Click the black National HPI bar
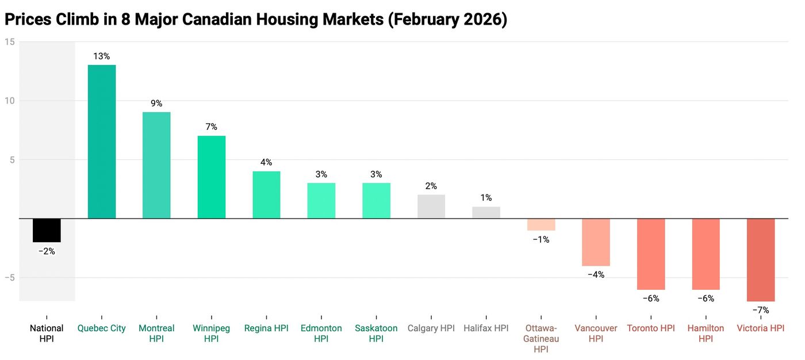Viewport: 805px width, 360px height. point(47,230)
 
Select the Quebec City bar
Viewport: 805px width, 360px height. point(102,141)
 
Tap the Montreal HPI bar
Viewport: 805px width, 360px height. point(156,165)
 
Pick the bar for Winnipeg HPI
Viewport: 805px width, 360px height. point(212,177)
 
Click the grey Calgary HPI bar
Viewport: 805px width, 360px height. point(431,206)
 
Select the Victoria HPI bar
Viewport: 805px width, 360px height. point(760,259)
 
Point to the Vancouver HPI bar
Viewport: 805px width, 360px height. point(596,242)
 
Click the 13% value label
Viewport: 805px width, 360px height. point(102,56)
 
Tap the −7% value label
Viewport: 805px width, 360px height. point(760,310)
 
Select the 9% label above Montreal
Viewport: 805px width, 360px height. point(156,104)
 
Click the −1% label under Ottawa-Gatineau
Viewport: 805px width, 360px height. point(540,239)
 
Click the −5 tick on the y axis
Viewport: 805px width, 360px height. point(9,278)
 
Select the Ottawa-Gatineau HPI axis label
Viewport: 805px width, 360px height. point(540,339)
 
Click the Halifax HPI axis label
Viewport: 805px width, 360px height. point(486,328)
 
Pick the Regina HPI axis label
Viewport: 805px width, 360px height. point(266,328)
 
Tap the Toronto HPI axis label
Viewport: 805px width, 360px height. point(650,328)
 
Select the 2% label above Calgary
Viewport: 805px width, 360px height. point(431,186)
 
